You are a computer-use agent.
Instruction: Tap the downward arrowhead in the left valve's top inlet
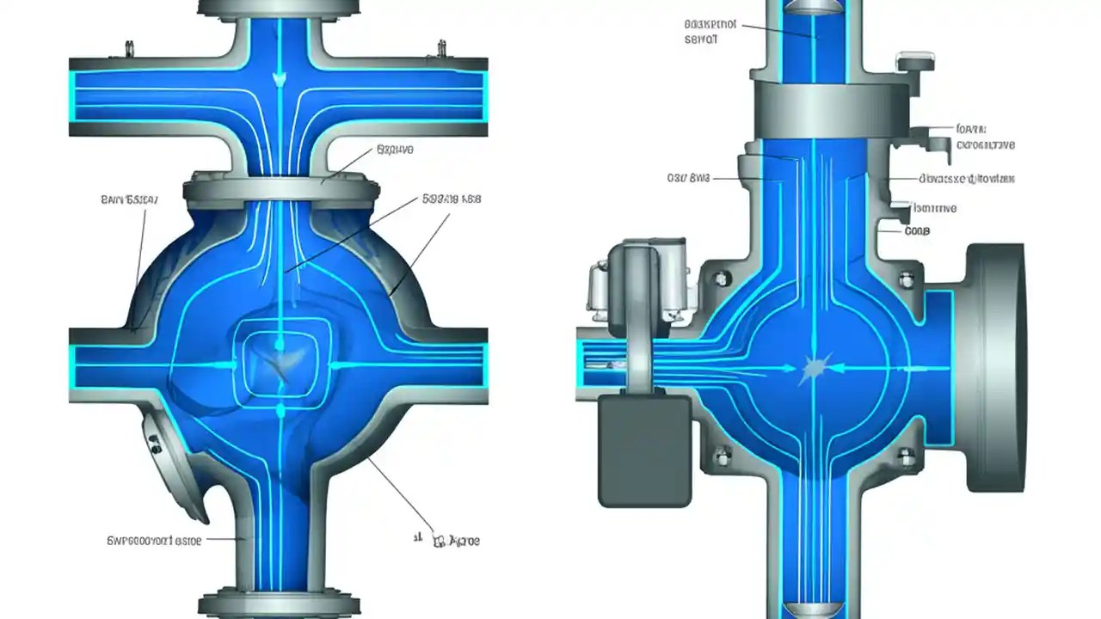tap(279, 79)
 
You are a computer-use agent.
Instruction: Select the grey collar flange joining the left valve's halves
tap(279, 190)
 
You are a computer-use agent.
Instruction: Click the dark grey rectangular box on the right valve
tap(644, 450)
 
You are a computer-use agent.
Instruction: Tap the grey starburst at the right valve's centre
tap(814, 370)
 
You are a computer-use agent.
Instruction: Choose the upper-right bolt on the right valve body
tap(906, 280)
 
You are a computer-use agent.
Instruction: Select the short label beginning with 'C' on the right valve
tap(917, 230)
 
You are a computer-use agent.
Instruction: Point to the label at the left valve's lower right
tap(454, 541)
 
